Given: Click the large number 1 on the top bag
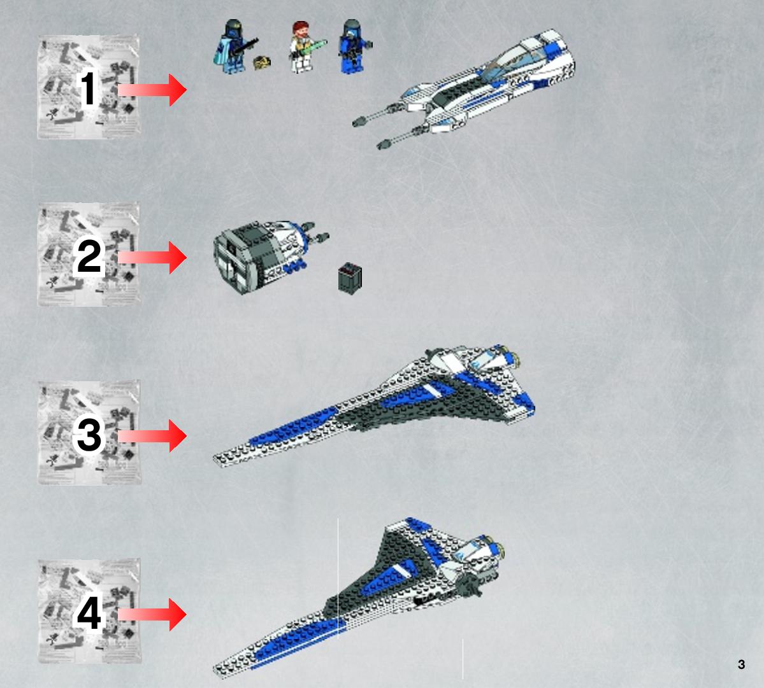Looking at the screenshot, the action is (x=88, y=88).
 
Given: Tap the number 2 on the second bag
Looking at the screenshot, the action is (x=89, y=256).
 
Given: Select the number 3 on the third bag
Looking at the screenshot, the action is (x=89, y=434).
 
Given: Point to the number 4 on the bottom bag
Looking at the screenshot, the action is (x=89, y=613).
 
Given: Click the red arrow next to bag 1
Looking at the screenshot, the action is (x=152, y=90).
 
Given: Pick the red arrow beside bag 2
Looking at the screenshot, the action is (x=152, y=257).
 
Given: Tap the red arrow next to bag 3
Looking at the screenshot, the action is (x=152, y=435).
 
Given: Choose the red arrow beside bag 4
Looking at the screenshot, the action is (x=152, y=615).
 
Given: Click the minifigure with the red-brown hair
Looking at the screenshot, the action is (x=302, y=47).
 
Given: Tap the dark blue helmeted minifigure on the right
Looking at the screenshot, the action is (x=353, y=46).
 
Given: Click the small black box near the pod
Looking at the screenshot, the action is (x=350, y=278).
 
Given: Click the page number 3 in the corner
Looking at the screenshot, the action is (x=741, y=664).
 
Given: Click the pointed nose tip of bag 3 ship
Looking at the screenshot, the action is (x=216, y=458).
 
